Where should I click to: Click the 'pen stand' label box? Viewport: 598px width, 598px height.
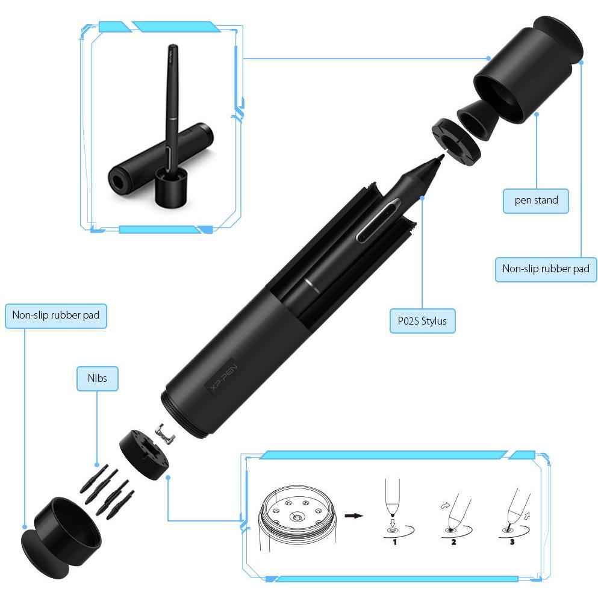pyautogui.click(x=536, y=201)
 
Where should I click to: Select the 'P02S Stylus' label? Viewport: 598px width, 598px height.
pyautogui.click(x=422, y=321)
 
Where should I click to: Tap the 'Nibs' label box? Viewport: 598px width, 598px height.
pyautogui.click(x=97, y=378)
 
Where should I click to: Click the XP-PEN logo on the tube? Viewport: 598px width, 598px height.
pyautogui.click(x=224, y=377)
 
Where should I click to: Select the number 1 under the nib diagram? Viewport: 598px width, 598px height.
pyautogui.click(x=394, y=542)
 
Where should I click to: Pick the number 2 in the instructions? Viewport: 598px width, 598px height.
pyautogui.click(x=453, y=542)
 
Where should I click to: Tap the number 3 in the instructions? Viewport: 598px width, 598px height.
pyautogui.click(x=512, y=542)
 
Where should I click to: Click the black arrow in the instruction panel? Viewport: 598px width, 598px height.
pyautogui.click(x=354, y=515)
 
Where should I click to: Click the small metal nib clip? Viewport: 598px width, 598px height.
pyautogui.click(x=165, y=434)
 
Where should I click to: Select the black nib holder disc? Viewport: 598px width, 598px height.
pyautogui.click(x=144, y=455)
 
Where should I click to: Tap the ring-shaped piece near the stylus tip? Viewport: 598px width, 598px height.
pyautogui.click(x=456, y=142)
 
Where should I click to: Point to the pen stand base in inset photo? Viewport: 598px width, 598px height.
pyautogui.click(x=171, y=187)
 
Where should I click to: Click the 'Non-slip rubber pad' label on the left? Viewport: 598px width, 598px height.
pyautogui.click(x=55, y=316)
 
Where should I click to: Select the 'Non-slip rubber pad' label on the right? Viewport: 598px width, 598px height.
pyautogui.click(x=546, y=269)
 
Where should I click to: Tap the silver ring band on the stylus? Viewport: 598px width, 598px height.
pyautogui.click(x=312, y=285)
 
